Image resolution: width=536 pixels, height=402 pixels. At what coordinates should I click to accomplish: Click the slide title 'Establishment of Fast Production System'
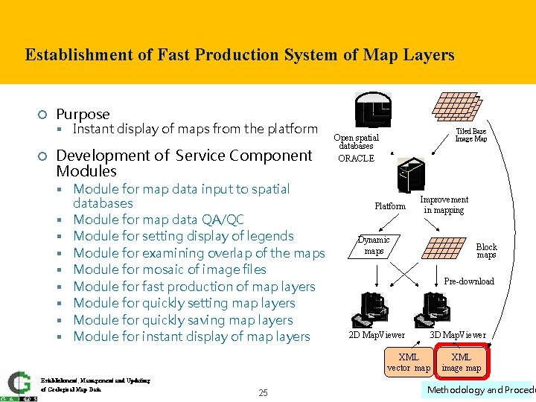[239, 55]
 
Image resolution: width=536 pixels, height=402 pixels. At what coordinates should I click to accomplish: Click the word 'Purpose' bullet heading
[83, 114]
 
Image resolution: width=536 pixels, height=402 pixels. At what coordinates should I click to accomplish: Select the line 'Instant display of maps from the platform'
[195, 129]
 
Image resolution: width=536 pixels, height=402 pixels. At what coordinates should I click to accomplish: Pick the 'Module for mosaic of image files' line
[169, 269]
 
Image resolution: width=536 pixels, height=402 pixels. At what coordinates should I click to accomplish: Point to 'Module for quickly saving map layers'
[182, 320]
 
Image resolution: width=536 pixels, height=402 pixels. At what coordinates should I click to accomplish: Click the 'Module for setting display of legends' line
[183, 236]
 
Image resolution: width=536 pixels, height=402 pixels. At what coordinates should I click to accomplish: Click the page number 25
[263, 392]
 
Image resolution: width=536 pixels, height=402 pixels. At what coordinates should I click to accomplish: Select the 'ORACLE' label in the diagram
[356, 159]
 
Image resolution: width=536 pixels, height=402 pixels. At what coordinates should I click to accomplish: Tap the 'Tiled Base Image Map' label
[470, 135]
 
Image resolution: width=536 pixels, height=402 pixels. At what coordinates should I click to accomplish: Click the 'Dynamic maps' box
[374, 246]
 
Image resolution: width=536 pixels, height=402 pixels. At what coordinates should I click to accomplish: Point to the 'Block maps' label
[486, 251]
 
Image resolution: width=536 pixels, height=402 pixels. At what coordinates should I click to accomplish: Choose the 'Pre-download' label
[468, 281]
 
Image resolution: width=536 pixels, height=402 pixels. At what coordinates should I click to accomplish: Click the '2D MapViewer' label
[377, 335]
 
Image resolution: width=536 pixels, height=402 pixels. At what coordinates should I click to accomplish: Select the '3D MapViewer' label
[458, 335]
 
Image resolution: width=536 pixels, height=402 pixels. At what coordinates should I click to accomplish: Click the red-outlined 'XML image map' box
[461, 363]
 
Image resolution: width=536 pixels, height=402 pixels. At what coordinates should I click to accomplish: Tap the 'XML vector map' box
[408, 363]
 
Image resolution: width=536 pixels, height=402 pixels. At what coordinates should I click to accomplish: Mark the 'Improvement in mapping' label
[444, 205]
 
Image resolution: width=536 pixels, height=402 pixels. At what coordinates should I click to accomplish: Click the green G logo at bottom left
[19, 383]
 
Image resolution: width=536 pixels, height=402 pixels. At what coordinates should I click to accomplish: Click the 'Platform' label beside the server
[390, 206]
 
